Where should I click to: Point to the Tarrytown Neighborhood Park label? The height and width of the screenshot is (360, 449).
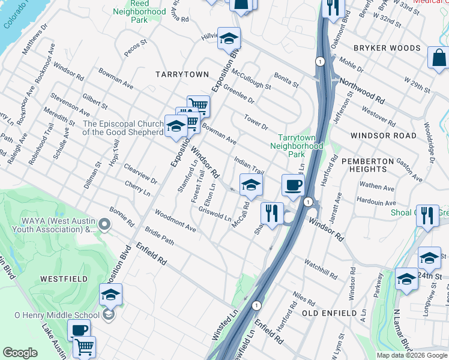tap(297, 146)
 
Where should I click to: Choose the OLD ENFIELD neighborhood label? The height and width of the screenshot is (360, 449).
tap(325, 313)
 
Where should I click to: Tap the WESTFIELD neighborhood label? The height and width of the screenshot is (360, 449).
tap(64, 279)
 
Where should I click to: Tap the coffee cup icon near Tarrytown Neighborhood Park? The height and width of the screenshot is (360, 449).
tap(292, 185)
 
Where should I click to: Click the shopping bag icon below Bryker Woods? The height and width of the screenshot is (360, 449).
tap(439, 58)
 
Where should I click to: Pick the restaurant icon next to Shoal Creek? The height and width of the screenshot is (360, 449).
tap(427, 215)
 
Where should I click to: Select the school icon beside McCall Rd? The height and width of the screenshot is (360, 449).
tap(251, 184)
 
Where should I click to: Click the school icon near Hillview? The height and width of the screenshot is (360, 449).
tap(229, 38)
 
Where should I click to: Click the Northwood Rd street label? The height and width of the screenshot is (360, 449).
tap(362, 89)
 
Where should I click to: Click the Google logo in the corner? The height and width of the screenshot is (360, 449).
tap(20, 353)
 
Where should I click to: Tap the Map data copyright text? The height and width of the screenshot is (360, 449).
tap(412, 355)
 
